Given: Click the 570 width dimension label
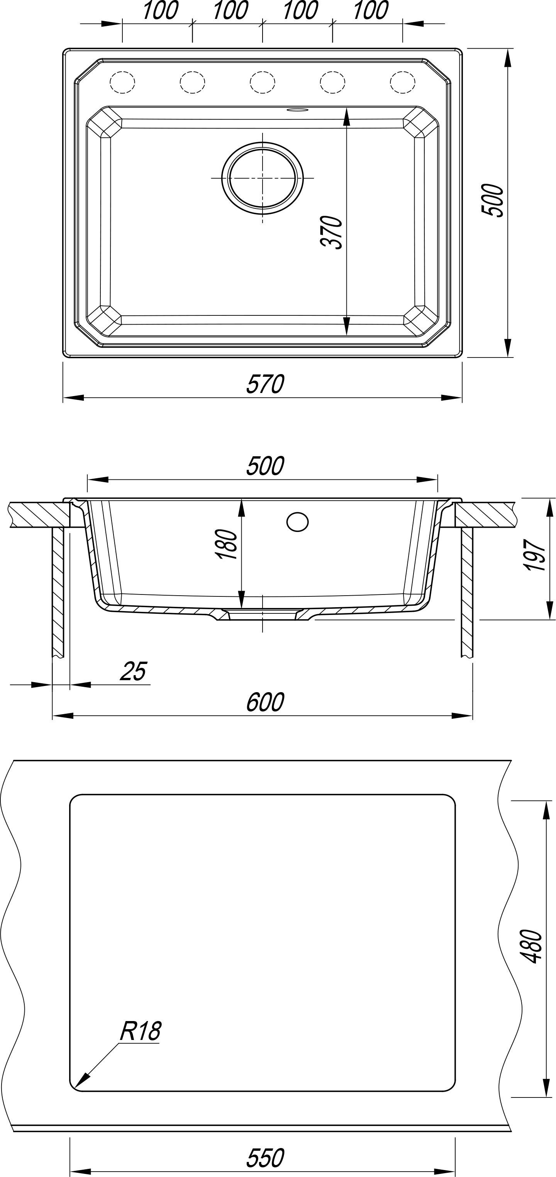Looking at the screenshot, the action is coord(265,384).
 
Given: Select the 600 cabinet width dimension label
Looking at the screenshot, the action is coord(265,702).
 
